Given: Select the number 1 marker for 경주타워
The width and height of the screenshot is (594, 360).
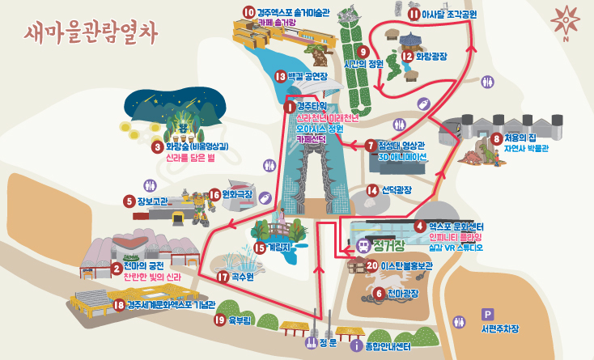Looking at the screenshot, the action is (290, 106).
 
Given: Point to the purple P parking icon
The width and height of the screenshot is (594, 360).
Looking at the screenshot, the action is (487, 314).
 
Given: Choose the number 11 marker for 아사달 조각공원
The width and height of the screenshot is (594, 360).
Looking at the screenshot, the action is (414, 14).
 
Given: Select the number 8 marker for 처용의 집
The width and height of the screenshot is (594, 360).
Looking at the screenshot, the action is (496, 138).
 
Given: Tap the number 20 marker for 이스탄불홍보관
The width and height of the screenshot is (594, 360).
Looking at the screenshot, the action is (371, 265).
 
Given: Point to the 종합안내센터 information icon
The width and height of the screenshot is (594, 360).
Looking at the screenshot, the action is (356, 346).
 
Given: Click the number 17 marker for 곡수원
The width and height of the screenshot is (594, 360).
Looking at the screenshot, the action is (223, 277).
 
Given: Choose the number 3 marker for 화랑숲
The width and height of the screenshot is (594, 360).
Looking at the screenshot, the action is (158, 147).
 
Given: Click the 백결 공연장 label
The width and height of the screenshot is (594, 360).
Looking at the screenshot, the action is (307, 76).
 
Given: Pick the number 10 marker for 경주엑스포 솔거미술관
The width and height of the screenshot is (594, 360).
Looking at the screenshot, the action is (248, 12).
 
